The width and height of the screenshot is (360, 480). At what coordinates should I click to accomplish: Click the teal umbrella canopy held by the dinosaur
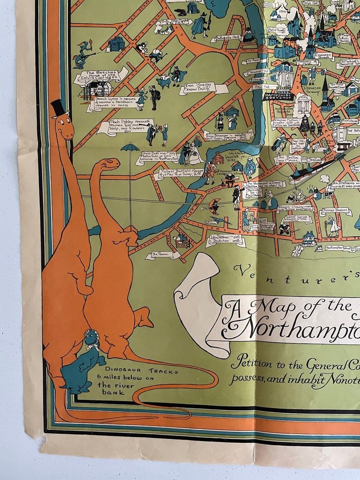coord(130,147)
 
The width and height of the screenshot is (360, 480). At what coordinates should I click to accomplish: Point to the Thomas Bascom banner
coord(336,211)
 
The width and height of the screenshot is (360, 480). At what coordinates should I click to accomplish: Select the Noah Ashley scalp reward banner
coord(128,126)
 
